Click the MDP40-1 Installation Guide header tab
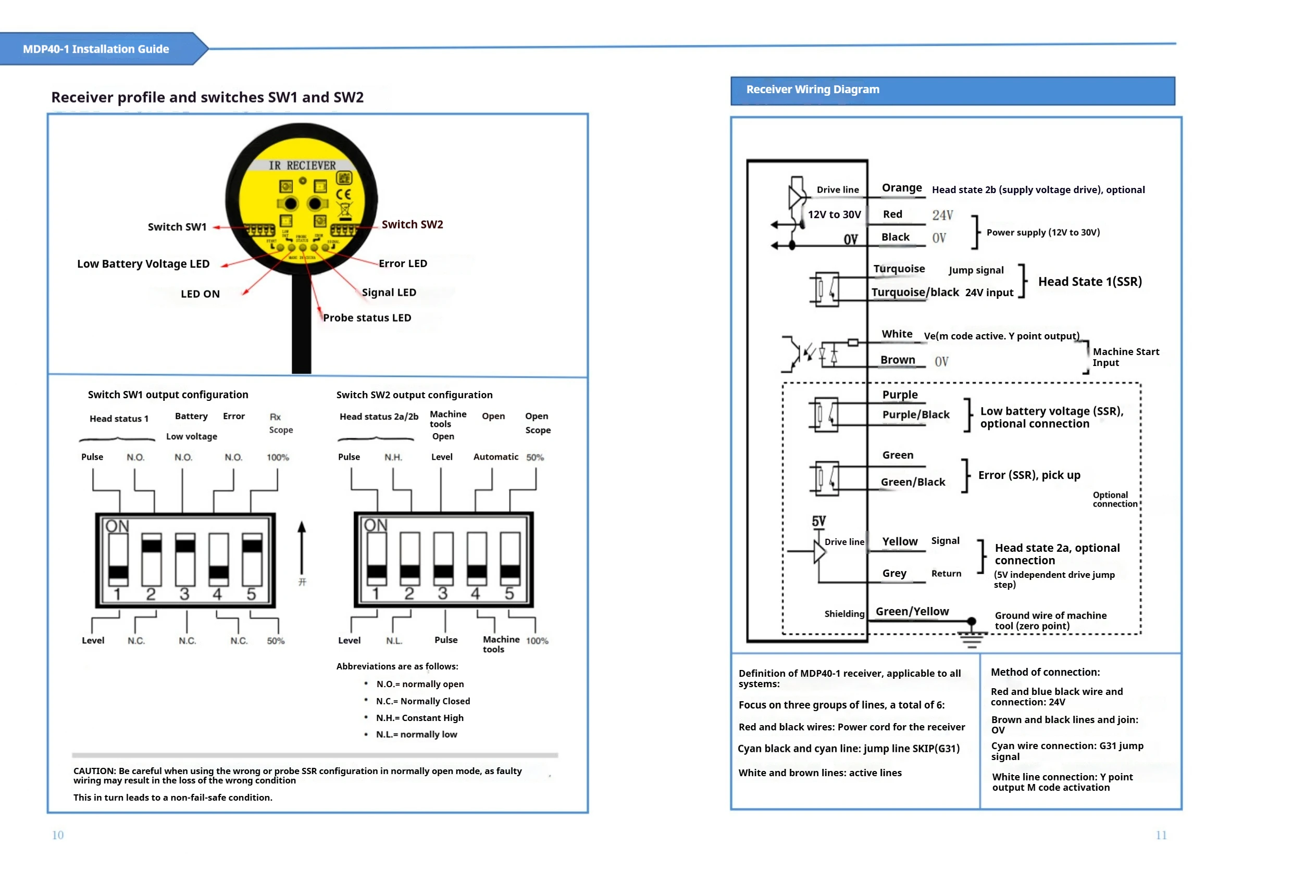(x=96, y=49)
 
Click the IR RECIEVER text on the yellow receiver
(x=302, y=166)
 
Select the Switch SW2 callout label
(x=412, y=225)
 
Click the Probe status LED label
(x=367, y=318)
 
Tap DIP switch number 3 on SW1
(x=185, y=560)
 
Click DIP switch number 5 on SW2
(x=509, y=559)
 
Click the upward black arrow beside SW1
(x=302, y=548)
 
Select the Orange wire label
(x=901, y=188)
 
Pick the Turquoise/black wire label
(x=915, y=293)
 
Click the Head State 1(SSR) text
(x=1089, y=282)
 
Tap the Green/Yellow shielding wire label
(x=912, y=612)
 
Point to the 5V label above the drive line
(x=818, y=522)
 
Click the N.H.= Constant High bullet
(x=419, y=718)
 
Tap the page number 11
(x=1161, y=835)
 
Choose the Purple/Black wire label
(x=915, y=415)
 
